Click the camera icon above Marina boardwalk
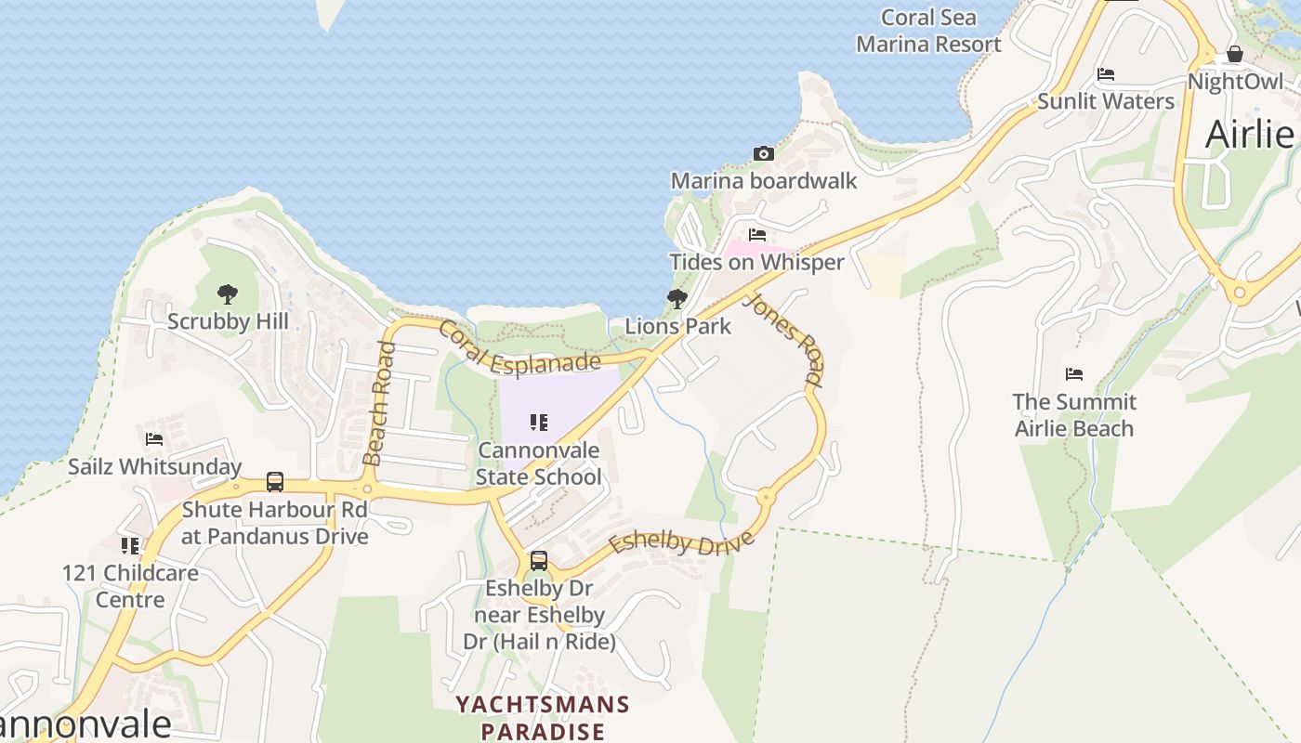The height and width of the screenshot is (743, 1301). tap(763, 153)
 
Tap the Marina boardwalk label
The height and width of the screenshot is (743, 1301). tap(764, 180)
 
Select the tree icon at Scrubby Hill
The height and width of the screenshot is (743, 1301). tap(228, 294)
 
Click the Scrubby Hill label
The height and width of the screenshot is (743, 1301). tap(228, 321)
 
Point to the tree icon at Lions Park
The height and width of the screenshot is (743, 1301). tap(677, 299)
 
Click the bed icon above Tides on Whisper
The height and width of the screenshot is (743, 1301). tap(757, 235)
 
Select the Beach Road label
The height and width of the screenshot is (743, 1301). tap(379, 403)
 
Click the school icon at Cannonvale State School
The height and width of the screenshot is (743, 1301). tap(539, 423)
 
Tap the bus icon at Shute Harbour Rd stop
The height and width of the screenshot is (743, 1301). tap(275, 482)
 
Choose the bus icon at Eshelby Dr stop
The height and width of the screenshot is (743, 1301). tap(539, 561)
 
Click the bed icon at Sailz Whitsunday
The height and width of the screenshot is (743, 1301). tap(154, 439)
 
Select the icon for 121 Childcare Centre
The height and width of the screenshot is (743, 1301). tap(130, 545)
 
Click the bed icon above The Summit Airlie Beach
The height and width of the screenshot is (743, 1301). tap(1074, 374)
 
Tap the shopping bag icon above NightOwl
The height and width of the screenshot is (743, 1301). tap(1235, 54)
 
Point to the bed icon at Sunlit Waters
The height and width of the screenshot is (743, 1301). tap(1106, 74)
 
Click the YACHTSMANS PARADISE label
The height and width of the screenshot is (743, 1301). tap(543, 718)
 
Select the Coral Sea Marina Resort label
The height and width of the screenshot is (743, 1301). tap(928, 31)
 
